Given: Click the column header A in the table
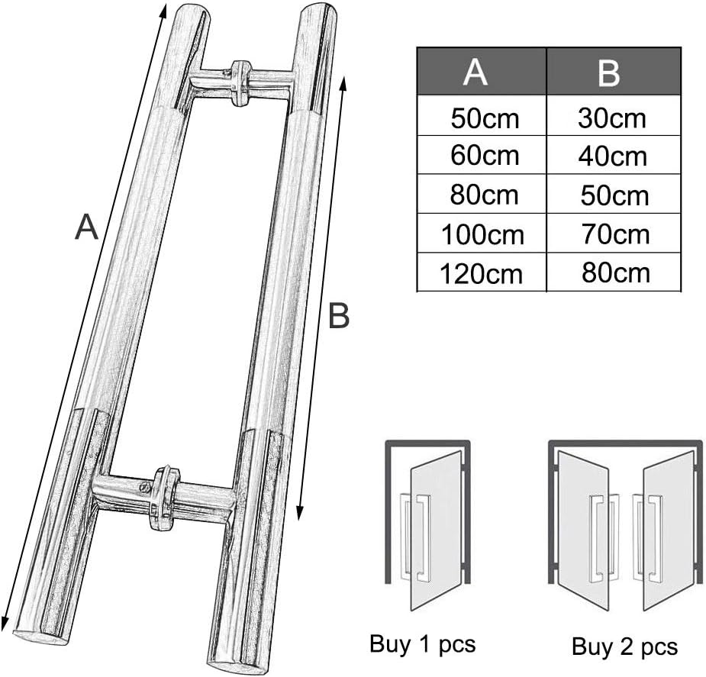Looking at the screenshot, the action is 476,72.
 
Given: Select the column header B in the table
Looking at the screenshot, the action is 608,72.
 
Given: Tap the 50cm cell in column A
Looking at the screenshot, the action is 485,118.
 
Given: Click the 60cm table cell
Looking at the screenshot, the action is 485,156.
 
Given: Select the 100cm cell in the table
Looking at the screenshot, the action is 483,234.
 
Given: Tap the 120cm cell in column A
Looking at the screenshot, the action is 483,273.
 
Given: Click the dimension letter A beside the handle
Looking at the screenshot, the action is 87,227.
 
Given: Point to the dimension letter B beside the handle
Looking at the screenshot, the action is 339,315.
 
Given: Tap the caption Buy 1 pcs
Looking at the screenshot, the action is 422,643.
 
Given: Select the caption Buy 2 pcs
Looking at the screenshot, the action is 624,646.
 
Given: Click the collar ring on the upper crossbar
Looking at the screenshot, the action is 242,82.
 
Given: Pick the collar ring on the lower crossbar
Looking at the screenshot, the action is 164,496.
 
